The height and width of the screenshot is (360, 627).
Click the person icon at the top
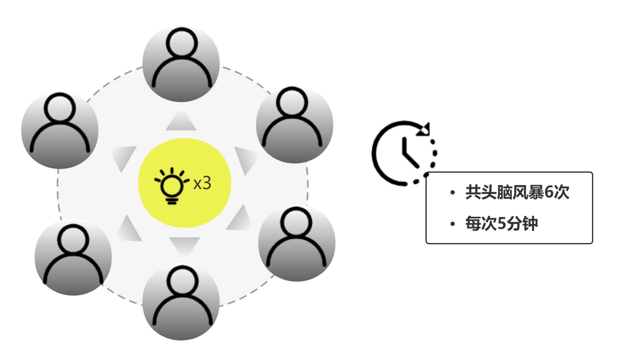(181, 64)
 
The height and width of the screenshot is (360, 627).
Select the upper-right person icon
(294, 125)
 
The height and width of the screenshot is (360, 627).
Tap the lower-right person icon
(297, 243)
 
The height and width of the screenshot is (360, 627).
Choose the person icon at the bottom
(181, 302)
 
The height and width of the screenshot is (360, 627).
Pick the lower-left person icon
(73, 257)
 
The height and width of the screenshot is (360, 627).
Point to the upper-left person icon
(60, 130)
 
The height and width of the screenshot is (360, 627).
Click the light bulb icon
(171, 185)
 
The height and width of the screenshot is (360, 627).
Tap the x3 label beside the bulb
(202, 183)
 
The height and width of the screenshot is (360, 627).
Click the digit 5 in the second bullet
(502, 224)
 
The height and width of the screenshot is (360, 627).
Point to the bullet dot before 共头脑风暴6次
(452, 193)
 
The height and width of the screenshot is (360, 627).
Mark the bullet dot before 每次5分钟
(452, 224)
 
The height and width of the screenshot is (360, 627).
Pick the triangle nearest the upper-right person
(246, 158)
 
